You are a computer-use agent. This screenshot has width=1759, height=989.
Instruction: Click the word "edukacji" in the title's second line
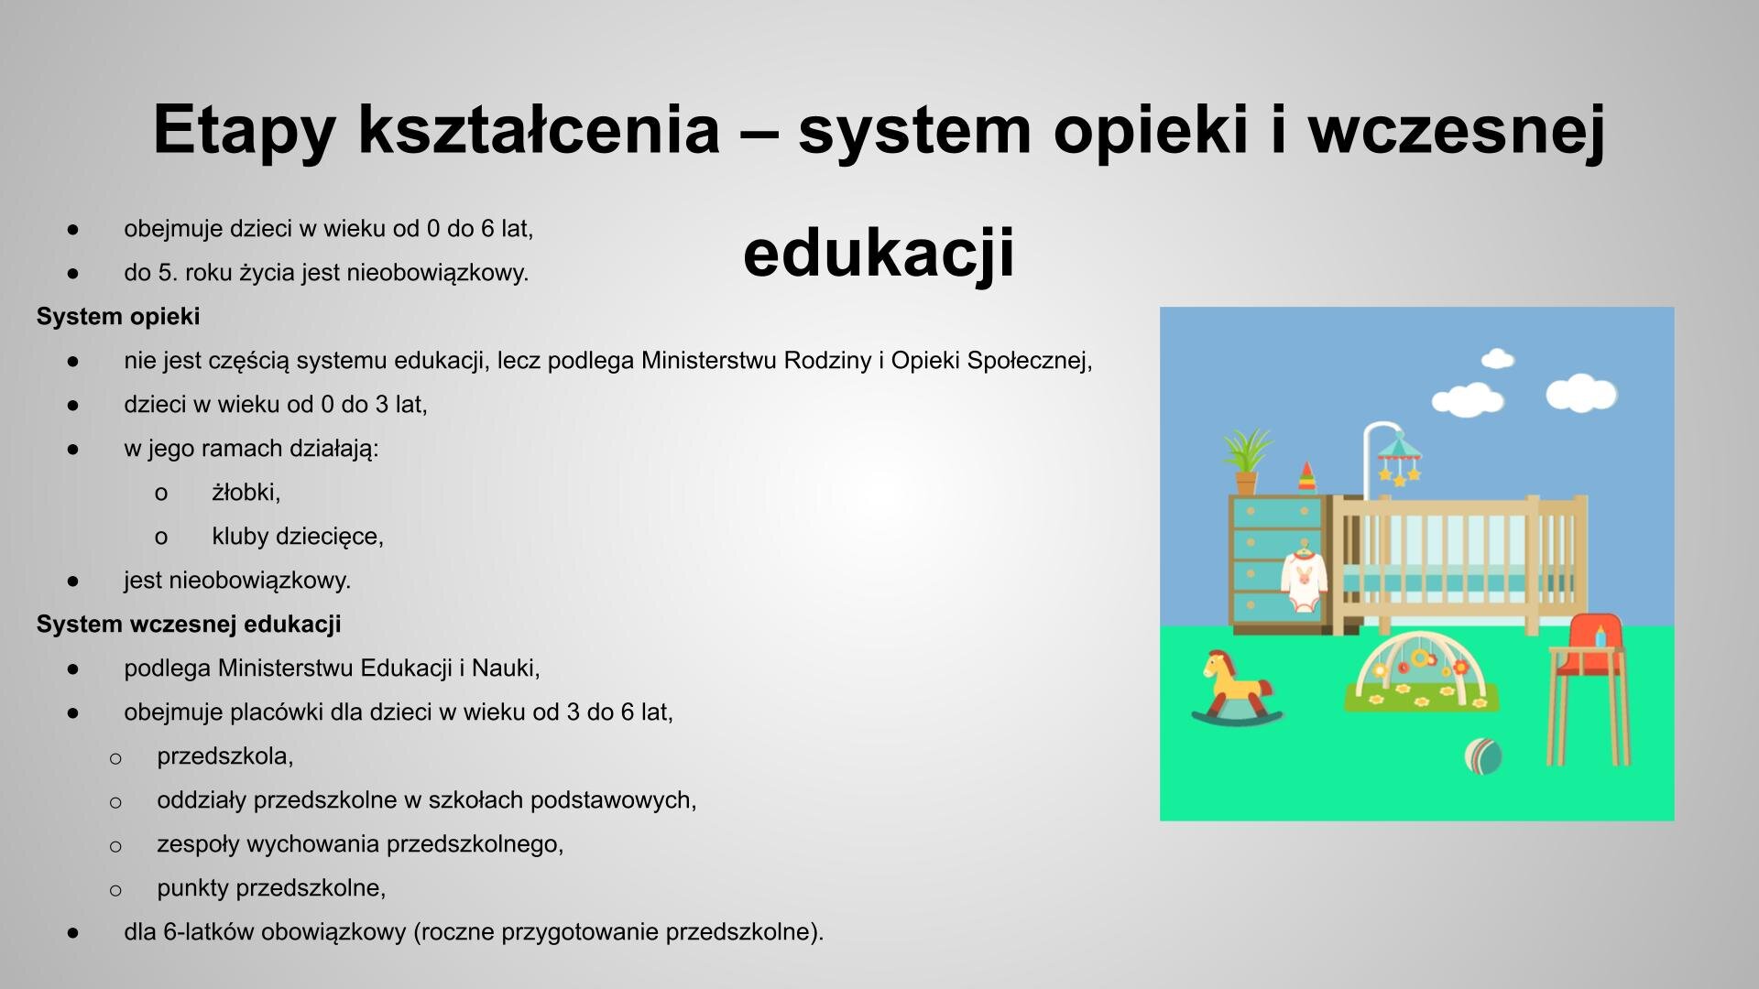pos(878,254)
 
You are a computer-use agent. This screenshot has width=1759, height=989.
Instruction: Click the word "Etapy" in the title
pos(243,130)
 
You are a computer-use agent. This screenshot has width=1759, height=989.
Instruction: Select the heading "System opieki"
pos(118,317)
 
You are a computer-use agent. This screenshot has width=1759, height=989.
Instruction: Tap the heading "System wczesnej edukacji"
pos(189,625)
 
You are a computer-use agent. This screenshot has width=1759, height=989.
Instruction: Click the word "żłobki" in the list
pos(244,493)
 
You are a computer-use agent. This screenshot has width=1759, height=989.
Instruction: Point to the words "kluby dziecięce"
pos(297,537)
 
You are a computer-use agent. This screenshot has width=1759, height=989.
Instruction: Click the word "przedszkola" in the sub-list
pos(224,756)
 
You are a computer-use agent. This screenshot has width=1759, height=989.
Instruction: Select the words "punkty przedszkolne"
pos(271,888)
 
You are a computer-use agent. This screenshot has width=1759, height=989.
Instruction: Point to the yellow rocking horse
pos(1234,688)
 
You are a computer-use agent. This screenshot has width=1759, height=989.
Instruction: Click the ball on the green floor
pos(1483,755)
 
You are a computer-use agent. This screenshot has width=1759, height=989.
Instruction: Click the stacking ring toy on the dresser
pos(1307,476)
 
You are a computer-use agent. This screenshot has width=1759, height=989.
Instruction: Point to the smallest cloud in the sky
pos(1497,358)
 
